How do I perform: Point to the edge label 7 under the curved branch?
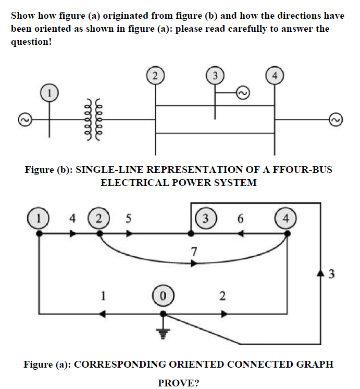click(x=194, y=252)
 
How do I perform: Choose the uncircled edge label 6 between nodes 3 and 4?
click(x=240, y=218)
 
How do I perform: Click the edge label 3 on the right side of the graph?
click(x=332, y=274)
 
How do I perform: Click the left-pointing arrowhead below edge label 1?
click(x=103, y=314)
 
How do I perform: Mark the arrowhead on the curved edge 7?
click(x=194, y=264)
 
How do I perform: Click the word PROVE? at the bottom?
click(x=179, y=383)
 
